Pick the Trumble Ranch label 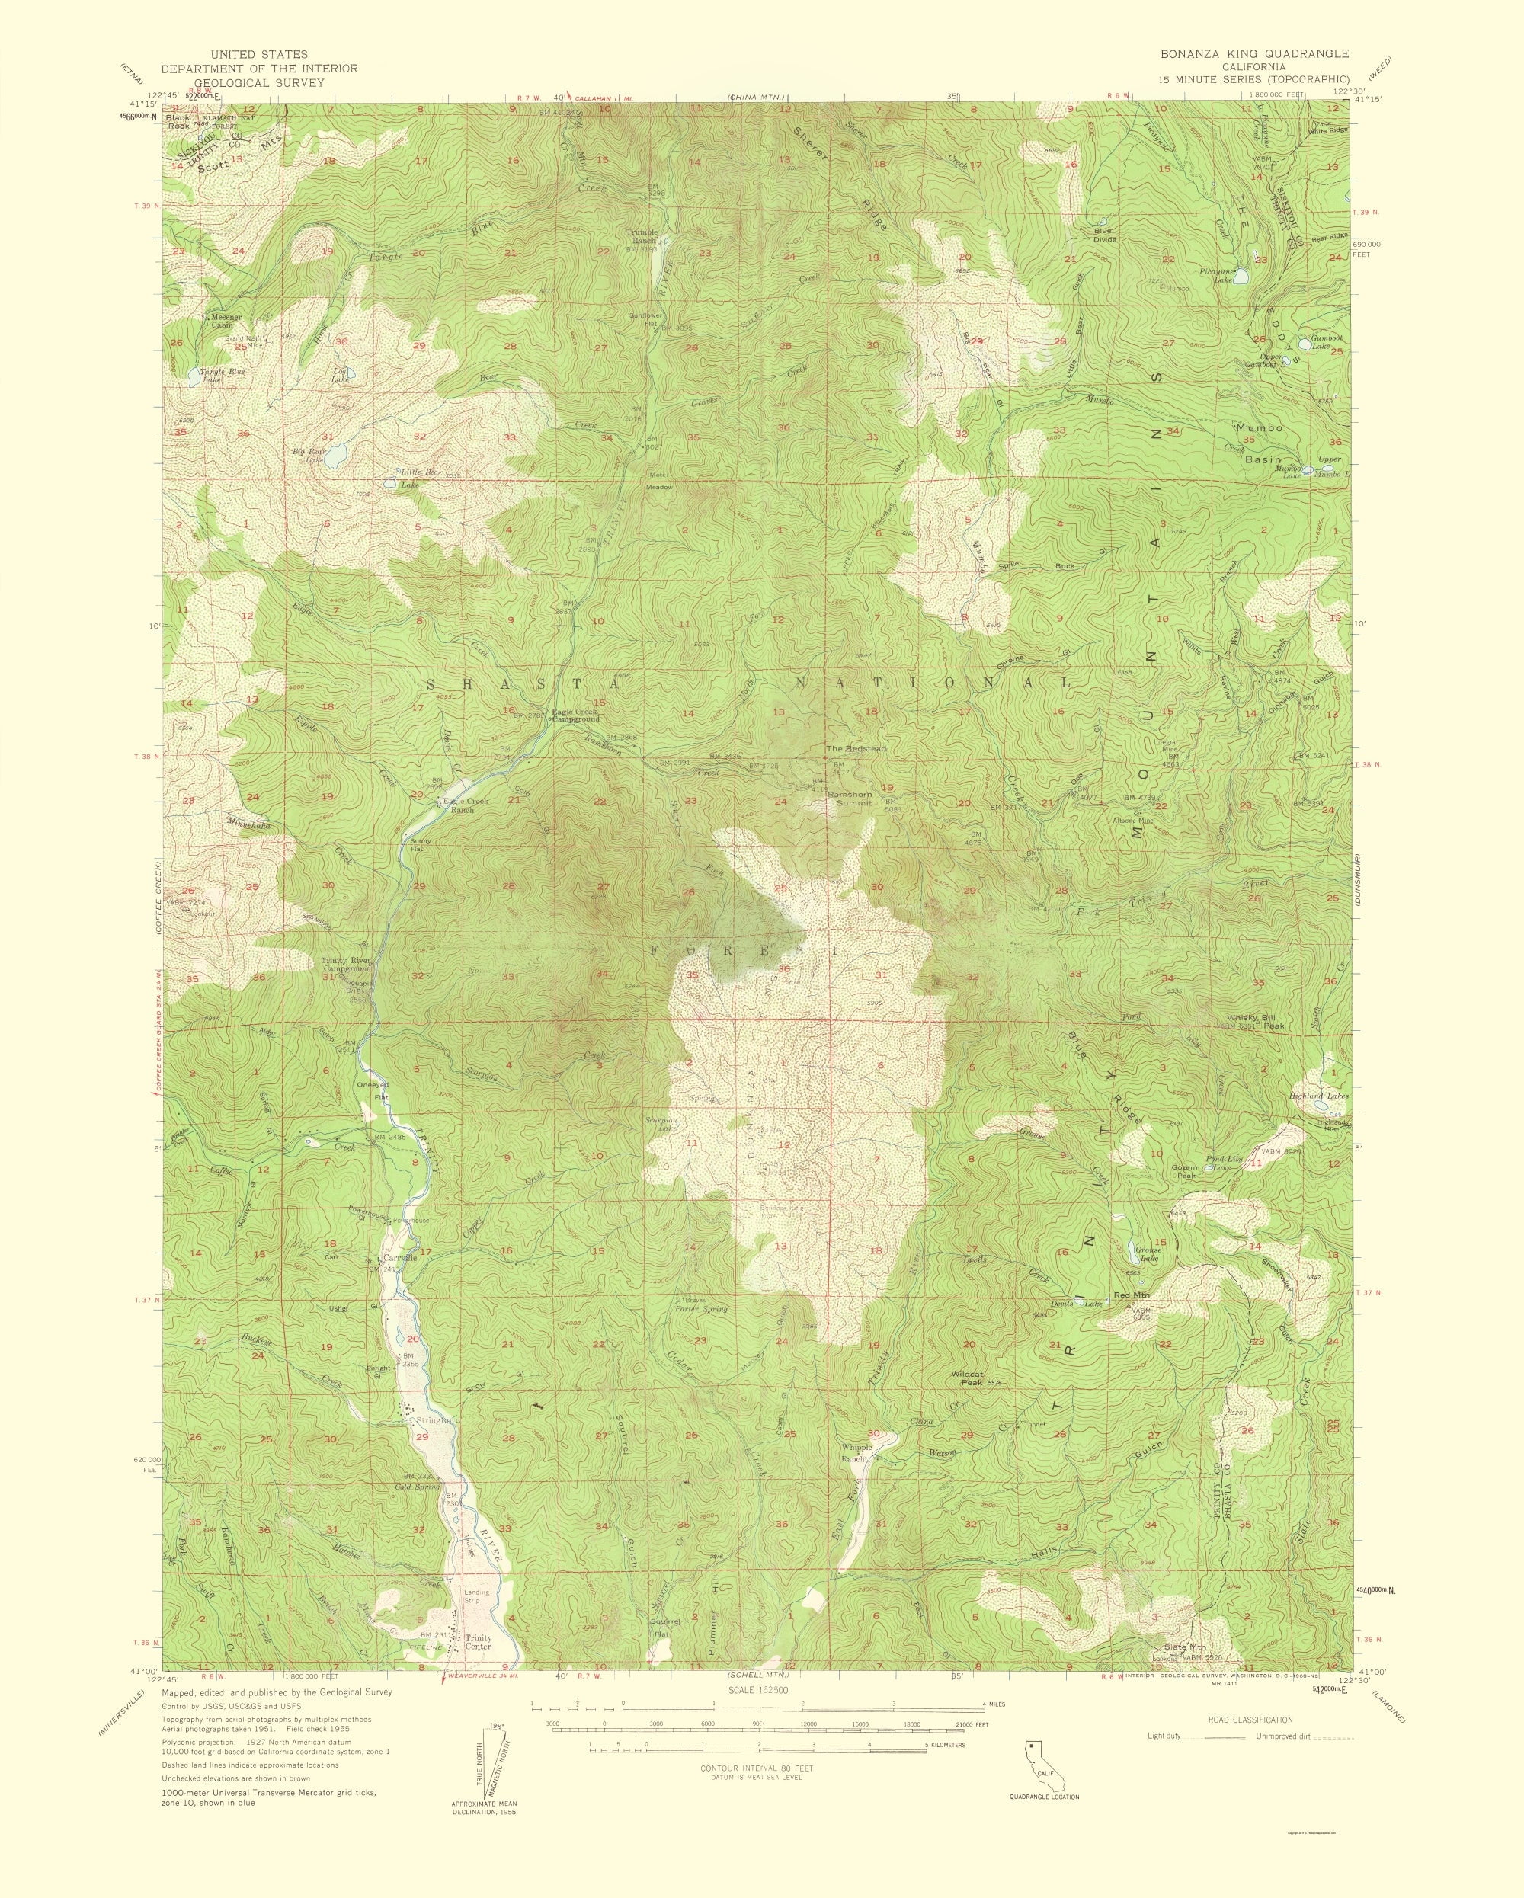pyautogui.click(x=642, y=236)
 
